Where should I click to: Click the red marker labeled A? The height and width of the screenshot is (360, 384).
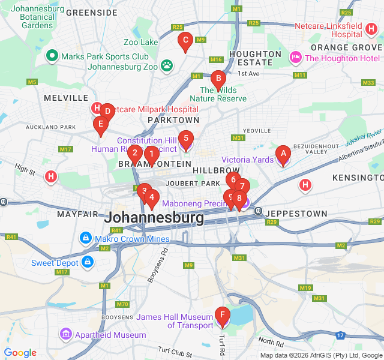(283, 154)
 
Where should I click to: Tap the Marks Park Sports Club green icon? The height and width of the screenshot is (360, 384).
(52, 57)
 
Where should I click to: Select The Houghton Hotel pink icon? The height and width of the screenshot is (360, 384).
(295, 58)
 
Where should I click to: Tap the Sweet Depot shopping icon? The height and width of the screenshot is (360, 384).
(88, 262)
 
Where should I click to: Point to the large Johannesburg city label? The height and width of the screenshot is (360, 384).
(154, 218)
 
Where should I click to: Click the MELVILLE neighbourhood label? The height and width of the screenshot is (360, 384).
(66, 97)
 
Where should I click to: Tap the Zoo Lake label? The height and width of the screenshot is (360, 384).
(140, 42)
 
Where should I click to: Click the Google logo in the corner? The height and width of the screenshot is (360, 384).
(20, 353)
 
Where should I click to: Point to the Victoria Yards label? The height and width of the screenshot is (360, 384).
(247, 160)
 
